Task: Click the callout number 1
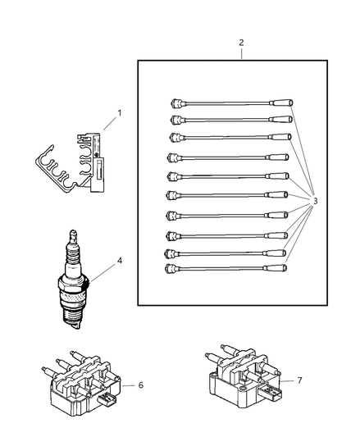pyautogui.click(x=120, y=113)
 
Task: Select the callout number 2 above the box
pyautogui.click(x=241, y=43)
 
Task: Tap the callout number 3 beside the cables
pyautogui.click(x=316, y=201)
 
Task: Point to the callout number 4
pyautogui.click(x=120, y=261)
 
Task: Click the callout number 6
pyautogui.click(x=141, y=385)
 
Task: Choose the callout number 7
pyautogui.click(x=299, y=380)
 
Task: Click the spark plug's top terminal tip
pyautogui.click(x=73, y=232)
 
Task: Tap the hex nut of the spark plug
pyautogui.click(x=74, y=285)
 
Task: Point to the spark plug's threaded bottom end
pyautogui.click(x=72, y=320)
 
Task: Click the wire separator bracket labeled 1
pyautogui.click(x=71, y=164)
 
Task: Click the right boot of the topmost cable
pyautogui.click(x=281, y=102)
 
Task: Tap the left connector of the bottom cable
pyautogui.click(x=172, y=269)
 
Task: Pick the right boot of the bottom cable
pyautogui.click(x=276, y=268)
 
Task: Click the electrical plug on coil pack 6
pyautogui.click(x=106, y=399)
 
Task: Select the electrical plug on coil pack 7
pyautogui.click(x=270, y=391)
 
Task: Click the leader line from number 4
pyautogui.click(x=102, y=272)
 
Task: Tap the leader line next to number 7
pyautogui.click(x=287, y=380)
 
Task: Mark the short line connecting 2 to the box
pyautogui.click(x=241, y=54)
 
